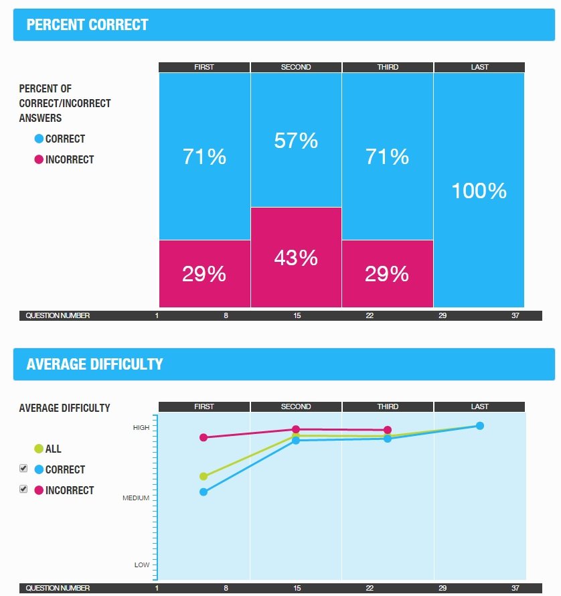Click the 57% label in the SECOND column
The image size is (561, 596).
[296, 141]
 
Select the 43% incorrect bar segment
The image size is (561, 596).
[296, 258]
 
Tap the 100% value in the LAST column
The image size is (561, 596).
[479, 191]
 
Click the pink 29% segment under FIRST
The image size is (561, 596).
[204, 274]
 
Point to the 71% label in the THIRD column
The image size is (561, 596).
[388, 157]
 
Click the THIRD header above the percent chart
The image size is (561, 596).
[388, 67]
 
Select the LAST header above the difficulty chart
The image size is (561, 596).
[479, 406]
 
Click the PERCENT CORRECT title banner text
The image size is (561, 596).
[87, 25]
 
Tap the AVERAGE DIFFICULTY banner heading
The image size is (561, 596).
[94, 364]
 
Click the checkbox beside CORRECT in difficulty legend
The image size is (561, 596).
[23, 468]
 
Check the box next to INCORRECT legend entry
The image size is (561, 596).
[23, 489]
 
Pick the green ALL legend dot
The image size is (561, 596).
[39, 449]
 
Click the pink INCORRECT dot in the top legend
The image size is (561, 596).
[39, 159]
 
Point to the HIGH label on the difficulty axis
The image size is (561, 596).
[141, 427]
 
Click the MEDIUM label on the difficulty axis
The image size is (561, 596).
[136, 498]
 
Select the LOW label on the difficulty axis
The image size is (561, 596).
[142, 565]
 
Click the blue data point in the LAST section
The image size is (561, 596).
[479, 426]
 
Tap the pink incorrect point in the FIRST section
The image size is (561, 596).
[204, 437]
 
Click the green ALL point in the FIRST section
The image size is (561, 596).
[204, 476]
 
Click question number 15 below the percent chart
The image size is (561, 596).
[297, 315]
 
